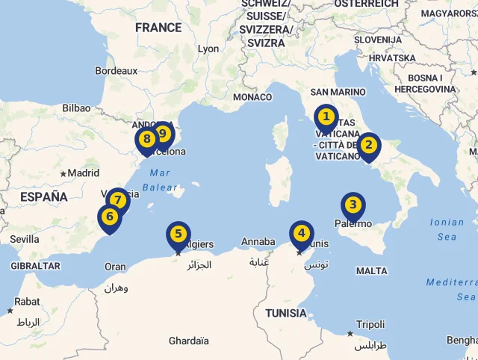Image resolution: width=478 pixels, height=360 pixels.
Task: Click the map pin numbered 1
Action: click(x=326, y=117)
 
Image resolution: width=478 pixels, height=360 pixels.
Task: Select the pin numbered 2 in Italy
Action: click(x=367, y=146)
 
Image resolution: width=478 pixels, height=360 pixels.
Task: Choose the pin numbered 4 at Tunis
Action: click(x=301, y=233)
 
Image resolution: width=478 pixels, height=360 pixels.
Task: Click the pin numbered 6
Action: click(x=110, y=217)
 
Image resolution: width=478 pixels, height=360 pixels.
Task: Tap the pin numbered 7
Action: click(x=117, y=200)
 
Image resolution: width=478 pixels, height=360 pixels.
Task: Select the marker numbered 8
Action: click(x=146, y=139)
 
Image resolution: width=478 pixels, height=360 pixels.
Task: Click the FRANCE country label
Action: click(x=158, y=28)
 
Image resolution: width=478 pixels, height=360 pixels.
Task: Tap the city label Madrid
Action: click(x=83, y=173)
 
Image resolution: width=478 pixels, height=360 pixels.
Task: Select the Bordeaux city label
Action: click(x=117, y=71)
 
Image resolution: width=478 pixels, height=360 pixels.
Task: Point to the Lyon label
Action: click(x=208, y=49)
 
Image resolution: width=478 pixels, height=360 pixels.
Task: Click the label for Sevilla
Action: click(x=25, y=239)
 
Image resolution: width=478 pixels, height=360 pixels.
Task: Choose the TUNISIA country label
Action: click(x=286, y=313)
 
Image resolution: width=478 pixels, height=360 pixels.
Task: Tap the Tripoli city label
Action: click(x=370, y=325)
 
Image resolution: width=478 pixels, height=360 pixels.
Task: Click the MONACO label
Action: click(x=252, y=97)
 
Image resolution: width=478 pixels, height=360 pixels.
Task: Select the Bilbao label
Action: click(x=76, y=108)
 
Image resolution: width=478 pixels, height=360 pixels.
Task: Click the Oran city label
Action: click(x=115, y=267)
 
